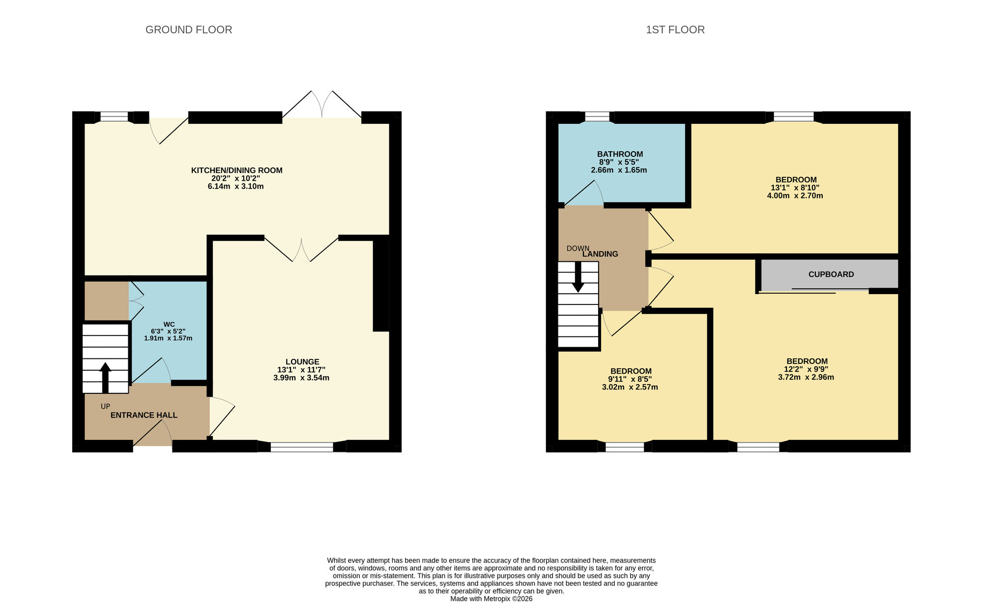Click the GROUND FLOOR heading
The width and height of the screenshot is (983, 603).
pos(189,30)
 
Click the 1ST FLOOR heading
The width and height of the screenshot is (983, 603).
pos(675,30)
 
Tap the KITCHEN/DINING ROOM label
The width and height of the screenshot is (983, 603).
pos(236,170)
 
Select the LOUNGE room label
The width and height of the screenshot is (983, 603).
pos(302,362)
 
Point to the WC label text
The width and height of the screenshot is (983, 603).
pos(169,325)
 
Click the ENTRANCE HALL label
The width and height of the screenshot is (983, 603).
pos(144,415)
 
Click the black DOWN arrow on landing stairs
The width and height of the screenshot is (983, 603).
pos(578,277)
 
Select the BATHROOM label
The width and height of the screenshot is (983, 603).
pos(620,154)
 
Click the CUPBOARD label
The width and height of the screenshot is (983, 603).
pos(831,274)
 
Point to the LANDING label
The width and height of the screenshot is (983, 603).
pos(600,254)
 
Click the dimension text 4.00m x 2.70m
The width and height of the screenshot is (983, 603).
pos(795,196)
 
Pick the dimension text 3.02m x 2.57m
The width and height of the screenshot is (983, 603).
pos(630,387)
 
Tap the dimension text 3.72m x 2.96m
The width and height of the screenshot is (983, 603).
pos(806,378)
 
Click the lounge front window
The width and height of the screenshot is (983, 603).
pos(302,446)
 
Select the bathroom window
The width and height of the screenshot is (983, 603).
pos(597,116)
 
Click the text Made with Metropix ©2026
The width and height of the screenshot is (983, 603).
pos(491,599)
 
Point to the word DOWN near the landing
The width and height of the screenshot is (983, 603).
pos(578,248)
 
